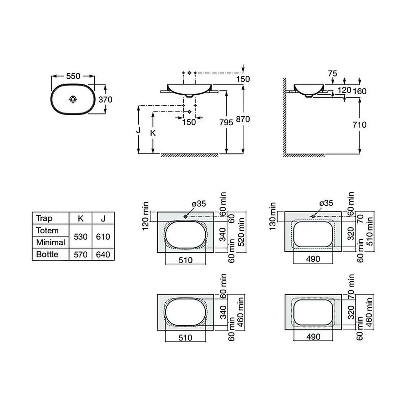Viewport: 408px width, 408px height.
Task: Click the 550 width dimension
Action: point(73,76)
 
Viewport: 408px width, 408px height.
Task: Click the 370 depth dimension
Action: point(105,100)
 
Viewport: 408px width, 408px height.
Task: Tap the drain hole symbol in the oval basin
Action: point(73,99)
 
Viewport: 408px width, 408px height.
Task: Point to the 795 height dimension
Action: point(226,122)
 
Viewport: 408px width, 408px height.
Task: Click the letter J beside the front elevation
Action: point(138,130)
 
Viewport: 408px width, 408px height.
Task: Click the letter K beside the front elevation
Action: point(153,133)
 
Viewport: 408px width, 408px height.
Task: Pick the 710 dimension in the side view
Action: point(359,124)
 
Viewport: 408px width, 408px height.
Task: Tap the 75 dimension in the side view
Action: point(333,73)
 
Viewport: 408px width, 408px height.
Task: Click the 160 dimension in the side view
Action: point(359,91)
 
